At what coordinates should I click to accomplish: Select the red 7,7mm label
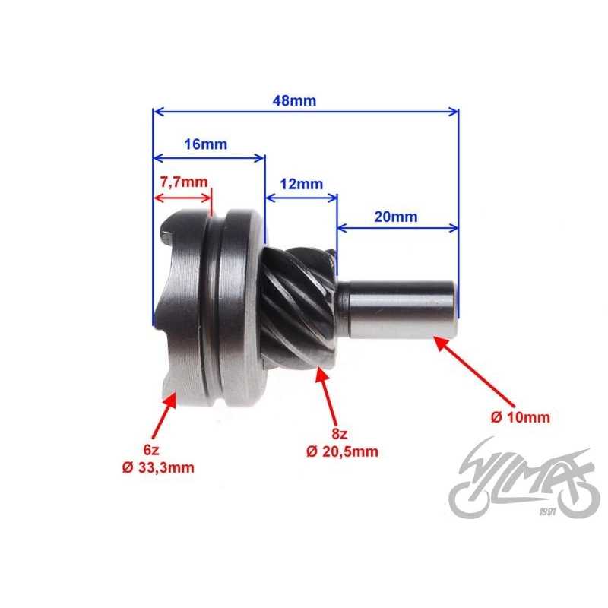coord(183,183)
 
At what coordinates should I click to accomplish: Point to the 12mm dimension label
coord(301,185)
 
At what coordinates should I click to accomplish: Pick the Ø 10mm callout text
coord(520,417)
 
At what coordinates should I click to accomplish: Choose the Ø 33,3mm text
coord(157,467)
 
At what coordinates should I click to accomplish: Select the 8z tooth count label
coord(340,434)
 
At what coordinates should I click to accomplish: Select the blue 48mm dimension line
coord(306,112)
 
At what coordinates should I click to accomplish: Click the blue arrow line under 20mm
coord(397,226)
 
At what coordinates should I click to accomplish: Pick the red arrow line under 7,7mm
coord(183,198)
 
